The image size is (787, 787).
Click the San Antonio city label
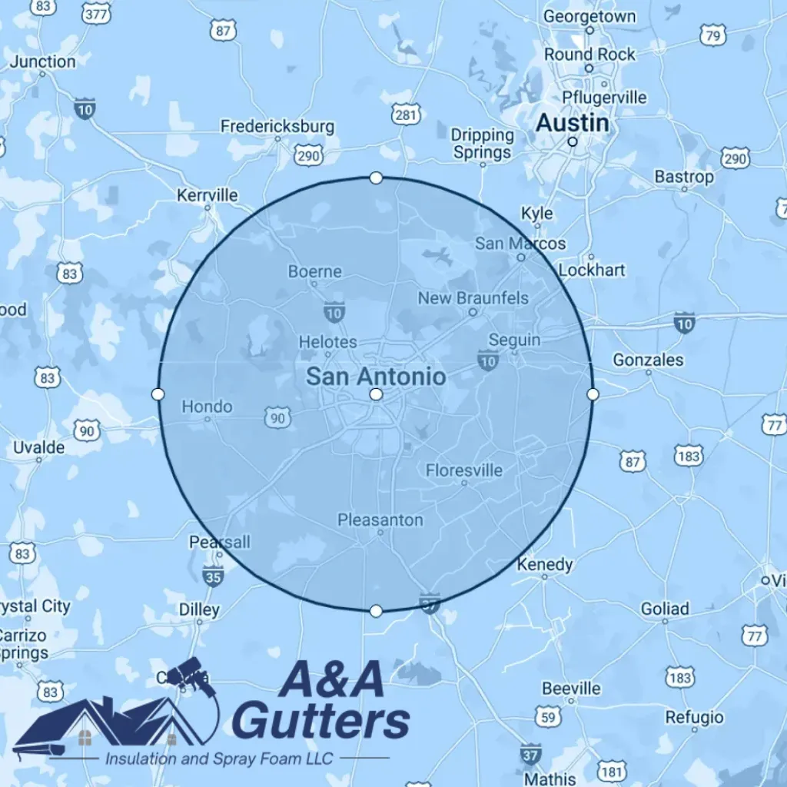[375, 376]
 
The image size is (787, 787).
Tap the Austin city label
[572, 123]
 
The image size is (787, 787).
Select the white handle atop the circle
[376, 178]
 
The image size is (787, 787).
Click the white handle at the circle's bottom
[376, 611]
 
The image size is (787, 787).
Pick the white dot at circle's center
[376, 394]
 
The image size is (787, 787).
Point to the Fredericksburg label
[277, 126]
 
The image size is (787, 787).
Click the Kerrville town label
[208, 195]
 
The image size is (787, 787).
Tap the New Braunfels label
[473, 297]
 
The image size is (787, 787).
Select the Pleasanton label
[380, 520]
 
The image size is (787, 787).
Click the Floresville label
[464, 470]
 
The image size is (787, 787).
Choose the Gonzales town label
[648, 360]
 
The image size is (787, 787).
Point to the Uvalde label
[38, 447]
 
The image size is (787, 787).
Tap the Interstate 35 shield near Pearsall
[213, 574]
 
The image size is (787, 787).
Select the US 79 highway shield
[712, 35]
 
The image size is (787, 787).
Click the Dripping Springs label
[482, 144]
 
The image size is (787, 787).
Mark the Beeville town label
[571, 688]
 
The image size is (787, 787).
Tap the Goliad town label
[665, 609]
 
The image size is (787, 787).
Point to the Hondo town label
[207, 407]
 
